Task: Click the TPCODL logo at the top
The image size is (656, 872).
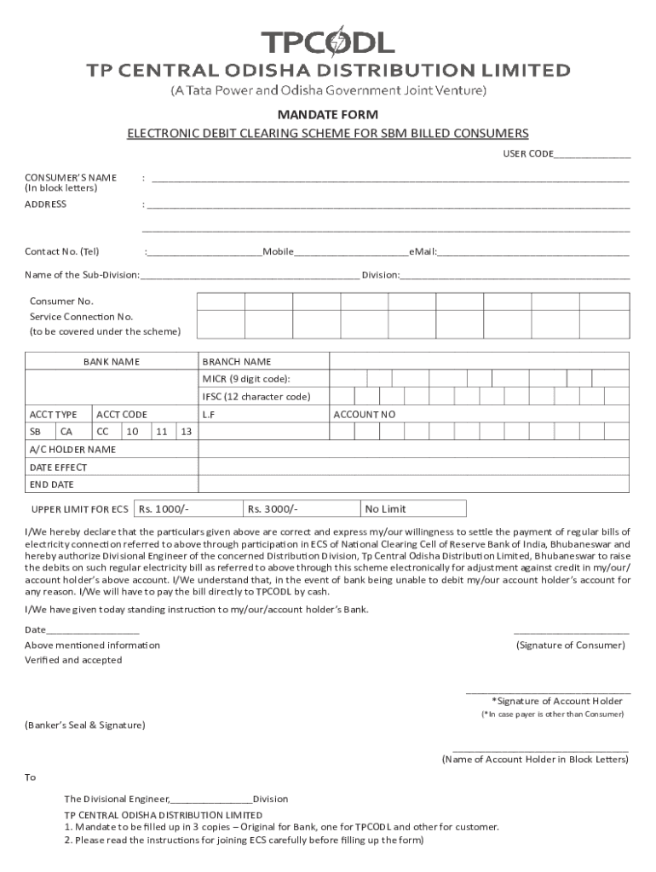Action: tap(327, 42)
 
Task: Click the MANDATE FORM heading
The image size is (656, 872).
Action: tap(328, 114)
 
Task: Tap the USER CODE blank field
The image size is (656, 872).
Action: tap(592, 155)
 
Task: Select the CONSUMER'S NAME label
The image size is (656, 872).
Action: tap(71, 177)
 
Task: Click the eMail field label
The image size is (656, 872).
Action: tap(423, 252)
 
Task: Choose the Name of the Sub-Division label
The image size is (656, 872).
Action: tap(83, 275)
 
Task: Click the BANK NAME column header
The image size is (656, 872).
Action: tap(112, 362)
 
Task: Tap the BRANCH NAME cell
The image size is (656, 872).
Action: tap(237, 362)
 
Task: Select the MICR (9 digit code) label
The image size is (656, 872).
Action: tap(251, 379)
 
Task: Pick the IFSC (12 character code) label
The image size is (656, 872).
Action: tap(256, 397)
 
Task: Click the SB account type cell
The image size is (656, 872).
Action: tap(36, 432)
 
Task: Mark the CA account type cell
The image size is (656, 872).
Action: tap(66, 432)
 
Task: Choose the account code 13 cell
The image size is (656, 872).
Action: tap(187, 432)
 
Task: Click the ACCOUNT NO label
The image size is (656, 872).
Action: tap(365, 415)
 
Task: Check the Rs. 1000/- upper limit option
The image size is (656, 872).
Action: tap(164, 509)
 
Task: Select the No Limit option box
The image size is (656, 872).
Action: tap(386, 509)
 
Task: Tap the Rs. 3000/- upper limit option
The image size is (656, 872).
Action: tap(273, 509)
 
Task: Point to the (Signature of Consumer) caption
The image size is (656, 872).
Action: tap(571, 645)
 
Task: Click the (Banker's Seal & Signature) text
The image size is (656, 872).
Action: tap(85, 725)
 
